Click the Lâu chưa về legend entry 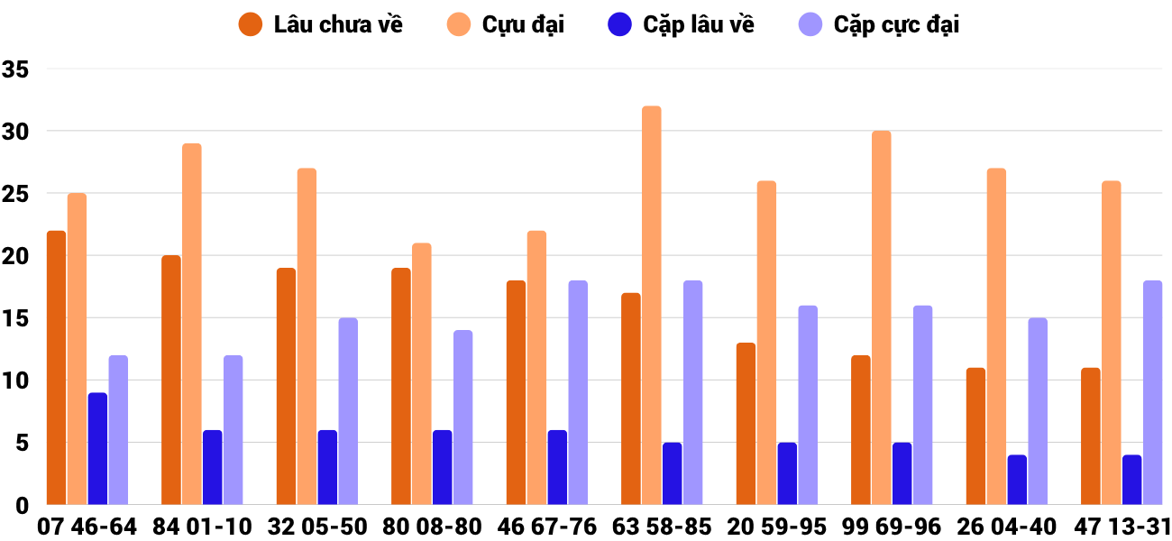click(320, 24)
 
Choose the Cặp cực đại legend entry click(878, 24)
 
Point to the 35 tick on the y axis click(16, 69)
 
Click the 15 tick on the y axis click(16, 318)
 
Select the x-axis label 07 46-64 click(87, 527)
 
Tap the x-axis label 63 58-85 click(662, 527)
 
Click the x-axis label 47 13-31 click(1122, 527)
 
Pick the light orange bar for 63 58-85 click(652, 307)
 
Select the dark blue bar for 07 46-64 click(97, 449)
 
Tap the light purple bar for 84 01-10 click(233, 430)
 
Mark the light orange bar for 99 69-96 click(882, 318)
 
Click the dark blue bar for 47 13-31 click(1131, 480)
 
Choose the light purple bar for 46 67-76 click(578, 393)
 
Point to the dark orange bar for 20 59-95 click(746, 424)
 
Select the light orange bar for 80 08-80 click(422, 374)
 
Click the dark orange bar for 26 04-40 click(975, 436)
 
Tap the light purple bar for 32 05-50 click(348, 412)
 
